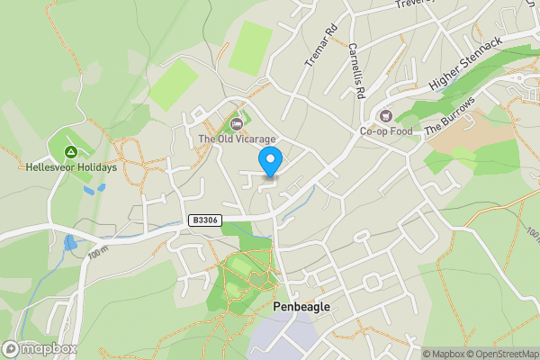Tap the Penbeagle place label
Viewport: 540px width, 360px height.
[x=301, y=307]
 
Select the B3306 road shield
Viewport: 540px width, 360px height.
[x=205, y=220]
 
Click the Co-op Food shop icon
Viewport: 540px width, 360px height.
[x=386, y=115]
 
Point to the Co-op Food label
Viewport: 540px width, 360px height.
[x=385, y=131]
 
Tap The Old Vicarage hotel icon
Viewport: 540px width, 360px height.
[x=237, y=123]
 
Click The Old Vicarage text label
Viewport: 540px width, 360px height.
[x=237, y=139]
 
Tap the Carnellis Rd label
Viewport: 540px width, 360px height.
[x=355, y=70]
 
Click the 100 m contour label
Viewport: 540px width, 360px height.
[x=99, y=250]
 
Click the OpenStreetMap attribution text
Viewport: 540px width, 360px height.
[x=501, y=354]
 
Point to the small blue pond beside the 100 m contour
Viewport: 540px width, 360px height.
[x=70, y=243]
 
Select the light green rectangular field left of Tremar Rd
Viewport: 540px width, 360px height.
[x=250, y=48]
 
